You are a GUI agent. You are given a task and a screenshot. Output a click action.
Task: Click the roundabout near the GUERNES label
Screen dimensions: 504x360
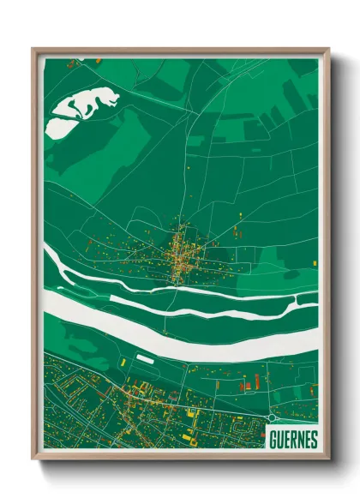pos(273,418)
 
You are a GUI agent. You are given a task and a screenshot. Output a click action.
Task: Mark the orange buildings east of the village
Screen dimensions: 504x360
pos(237,230)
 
